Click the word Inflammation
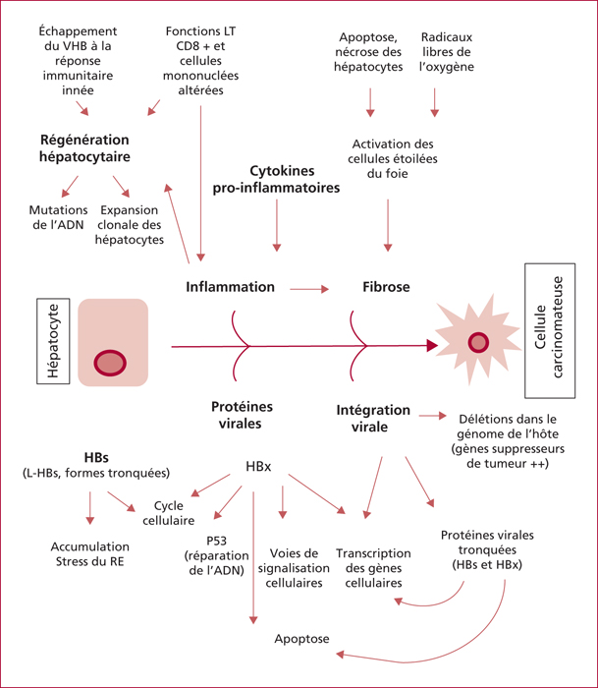click(x=230, y=287)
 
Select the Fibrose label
click(x=386, y=287)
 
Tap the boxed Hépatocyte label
click(x=53, y=341)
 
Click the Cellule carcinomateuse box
click(x=550, y=331)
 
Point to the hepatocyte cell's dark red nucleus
click(x=110, y=363)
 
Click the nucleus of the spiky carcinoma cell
click(x=478, y=342)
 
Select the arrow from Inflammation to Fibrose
click(x=309, y=289)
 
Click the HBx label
click(x=258, y=467)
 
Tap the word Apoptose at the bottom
click(x=301, y=639)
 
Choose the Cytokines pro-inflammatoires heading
click(x=276, y=179)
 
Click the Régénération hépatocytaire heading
click(x=84, y=148)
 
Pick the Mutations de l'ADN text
click(x=58, y=217)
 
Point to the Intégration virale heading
click(x=373, y=418)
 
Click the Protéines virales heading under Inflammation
click(x=242, y=415)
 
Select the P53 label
click(x=217, y=541)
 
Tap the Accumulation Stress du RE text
click(x=90, y=554)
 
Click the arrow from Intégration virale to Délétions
click(x=432, y=416)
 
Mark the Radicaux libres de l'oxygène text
click(x=447, y=52)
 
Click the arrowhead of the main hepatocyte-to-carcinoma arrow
click(x=432, y=346)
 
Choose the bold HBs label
click(x=96, y=458)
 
